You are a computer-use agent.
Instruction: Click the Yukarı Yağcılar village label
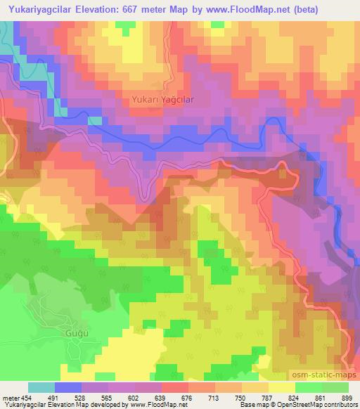pyautogui.click(x=162, y=100)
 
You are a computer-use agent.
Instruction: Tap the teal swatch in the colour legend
pyautogui.click(x=41, y=387)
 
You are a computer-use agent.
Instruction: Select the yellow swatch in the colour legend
pyautogui.click(x=281, y=387)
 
